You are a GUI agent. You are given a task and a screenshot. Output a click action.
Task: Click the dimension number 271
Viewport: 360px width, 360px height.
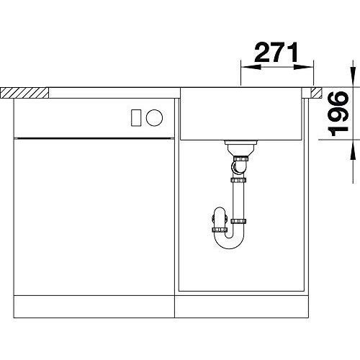tap(276, 53)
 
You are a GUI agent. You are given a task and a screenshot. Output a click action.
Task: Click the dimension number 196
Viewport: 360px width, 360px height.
tap(338, 114)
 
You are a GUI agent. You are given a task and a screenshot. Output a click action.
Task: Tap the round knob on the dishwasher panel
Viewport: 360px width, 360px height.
tap(154, 117)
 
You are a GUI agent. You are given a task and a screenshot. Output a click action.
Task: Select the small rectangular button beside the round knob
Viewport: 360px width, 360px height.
tap(136, 117)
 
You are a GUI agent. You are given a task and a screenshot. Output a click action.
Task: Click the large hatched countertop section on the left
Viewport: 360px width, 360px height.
tap(24, 93)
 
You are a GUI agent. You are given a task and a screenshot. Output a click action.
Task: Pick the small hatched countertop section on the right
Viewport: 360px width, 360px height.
tap(317, 93)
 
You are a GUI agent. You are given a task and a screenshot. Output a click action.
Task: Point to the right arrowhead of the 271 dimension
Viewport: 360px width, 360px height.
tap(303, 67)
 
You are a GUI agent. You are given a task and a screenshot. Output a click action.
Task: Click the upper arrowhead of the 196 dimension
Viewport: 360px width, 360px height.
tap(353, 77)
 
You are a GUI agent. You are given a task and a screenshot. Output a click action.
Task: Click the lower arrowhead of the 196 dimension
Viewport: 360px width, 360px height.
tap(353, 150)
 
